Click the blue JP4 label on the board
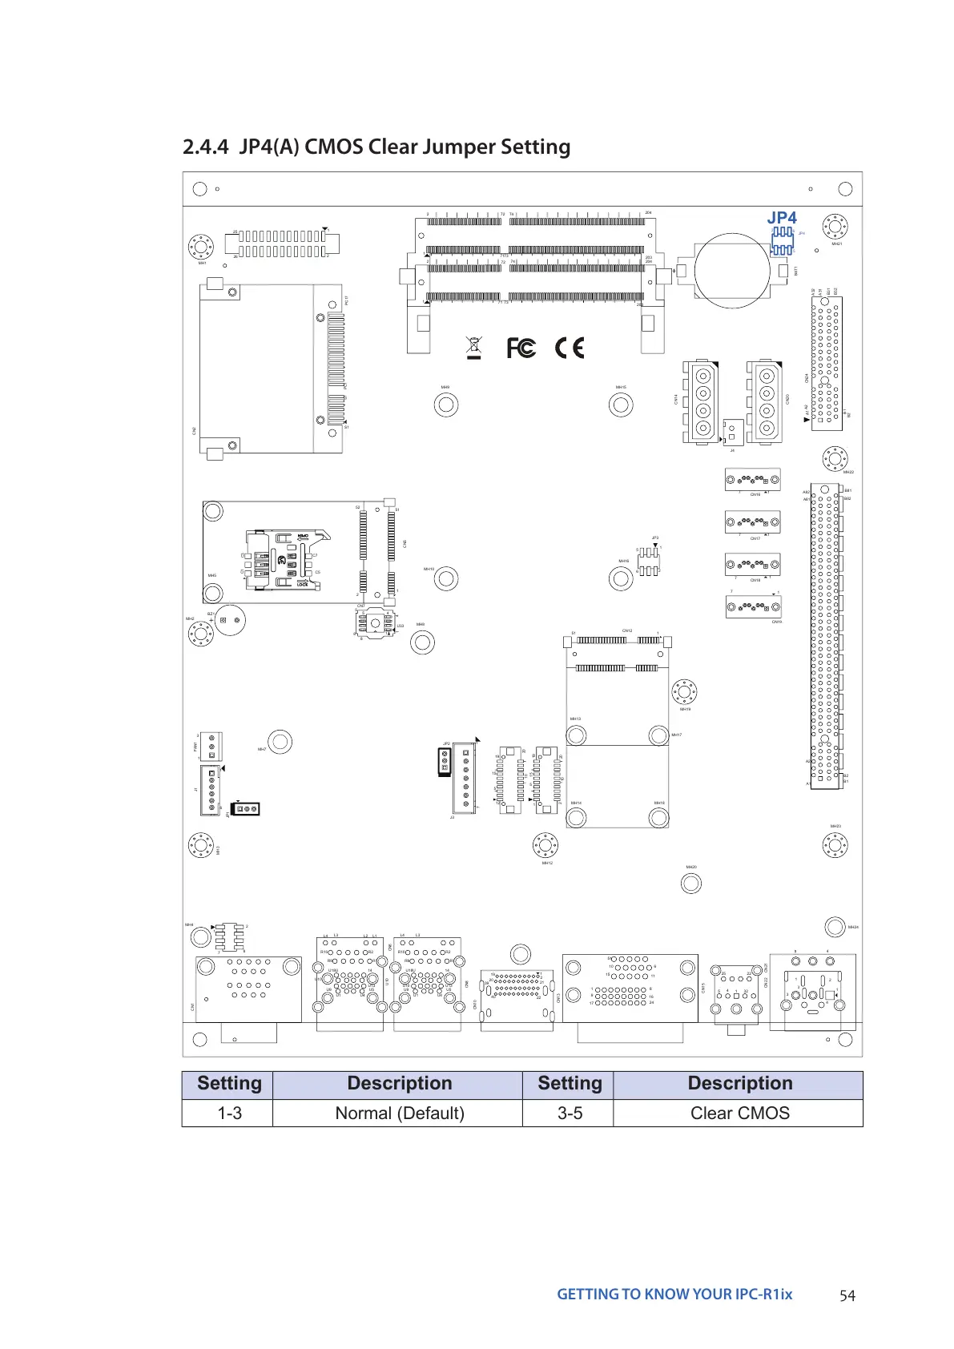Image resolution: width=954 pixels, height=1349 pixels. click(x=782, y=218)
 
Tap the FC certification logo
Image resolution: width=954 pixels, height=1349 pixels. click(x=521, y=348)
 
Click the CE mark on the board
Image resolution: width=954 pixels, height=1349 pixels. click(x=570, y=348)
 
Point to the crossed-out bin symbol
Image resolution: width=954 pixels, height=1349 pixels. click(x=474, y=348)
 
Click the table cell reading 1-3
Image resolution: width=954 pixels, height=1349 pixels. click(x=229, y=1113)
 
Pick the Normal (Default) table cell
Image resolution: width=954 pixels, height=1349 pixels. click(x=399, y=1113)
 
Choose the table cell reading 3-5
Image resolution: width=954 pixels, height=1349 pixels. click(x=570, y=1113)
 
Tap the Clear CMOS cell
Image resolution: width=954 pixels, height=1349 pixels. click(x=739, y=1113)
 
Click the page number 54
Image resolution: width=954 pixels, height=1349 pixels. click(x=847, y=1295)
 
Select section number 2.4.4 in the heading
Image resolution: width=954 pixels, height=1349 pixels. click(x=206, y=147)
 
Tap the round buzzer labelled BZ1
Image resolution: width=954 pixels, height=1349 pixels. click(x=230, y=619)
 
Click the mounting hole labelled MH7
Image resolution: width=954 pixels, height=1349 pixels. click(x=280, y=742)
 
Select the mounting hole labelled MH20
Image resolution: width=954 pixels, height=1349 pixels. click(x=690, y=884)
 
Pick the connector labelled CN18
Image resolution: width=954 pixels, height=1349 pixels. click(x=753, y=566)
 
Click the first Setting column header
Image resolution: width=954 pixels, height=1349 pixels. click(x=229, y=1084)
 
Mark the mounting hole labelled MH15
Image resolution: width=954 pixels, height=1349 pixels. click(x=621, y=405)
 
